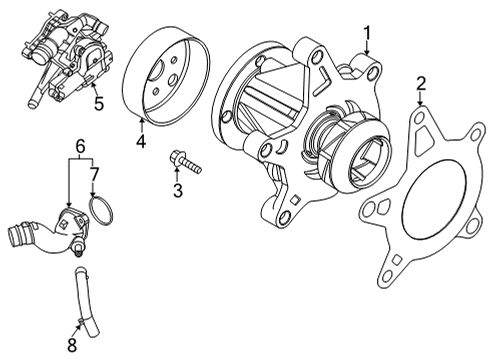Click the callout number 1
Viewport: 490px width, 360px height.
tap(367, 34)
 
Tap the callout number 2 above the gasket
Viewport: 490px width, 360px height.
tap(421, 84)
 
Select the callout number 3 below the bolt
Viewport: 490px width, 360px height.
tap(178, 191)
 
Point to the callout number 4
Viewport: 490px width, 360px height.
tap(141, 141)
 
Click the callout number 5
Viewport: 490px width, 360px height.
tap(99, 103)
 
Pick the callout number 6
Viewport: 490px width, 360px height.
tap(80, 146)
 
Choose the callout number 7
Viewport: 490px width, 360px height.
tap(94, 175)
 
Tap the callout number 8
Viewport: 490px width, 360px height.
tap(72, 345)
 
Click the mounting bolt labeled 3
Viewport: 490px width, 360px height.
tap(185, 162)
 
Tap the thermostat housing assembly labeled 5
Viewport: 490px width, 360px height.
tap(68, 57)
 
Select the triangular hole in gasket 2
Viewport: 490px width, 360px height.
tap(423, 137)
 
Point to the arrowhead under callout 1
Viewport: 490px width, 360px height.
tap(367, 52)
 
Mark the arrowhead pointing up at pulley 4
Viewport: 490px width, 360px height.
tap(142, 120)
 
